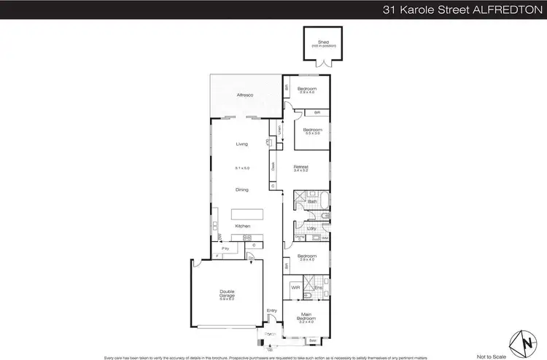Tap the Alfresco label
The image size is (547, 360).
[243, 95]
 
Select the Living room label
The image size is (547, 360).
[242, 144]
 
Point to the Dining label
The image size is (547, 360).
[242, 189]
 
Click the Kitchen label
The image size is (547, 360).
[243, 226]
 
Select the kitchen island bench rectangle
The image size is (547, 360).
[247, 214]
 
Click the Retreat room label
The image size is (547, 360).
[301, 166]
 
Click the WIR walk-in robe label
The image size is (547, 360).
[295, 287]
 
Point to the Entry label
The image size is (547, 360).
[272, 311]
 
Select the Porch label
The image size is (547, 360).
[271, 334]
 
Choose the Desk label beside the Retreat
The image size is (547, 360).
[273, 165]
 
